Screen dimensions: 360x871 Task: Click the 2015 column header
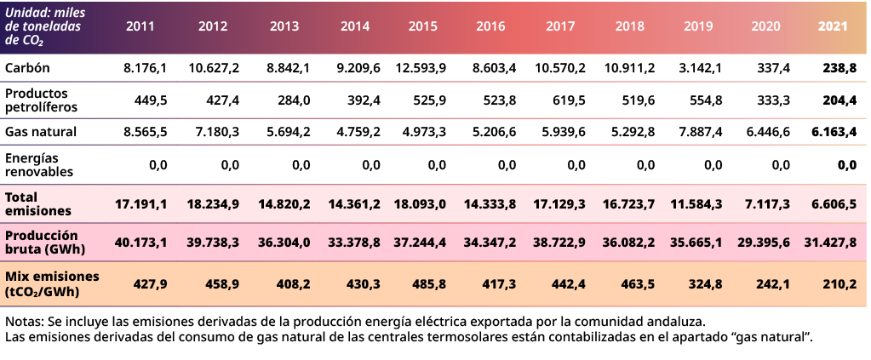click(x=423, y=26)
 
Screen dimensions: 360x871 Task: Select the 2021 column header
click(x=833, y=26)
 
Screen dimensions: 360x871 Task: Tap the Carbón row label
click(x=26, y=67)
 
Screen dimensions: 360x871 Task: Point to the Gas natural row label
click(x=41, y=132)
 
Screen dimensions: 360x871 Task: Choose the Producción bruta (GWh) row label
click(x=42, y=242)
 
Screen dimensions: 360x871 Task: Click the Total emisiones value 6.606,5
click(x=833, y=204)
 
